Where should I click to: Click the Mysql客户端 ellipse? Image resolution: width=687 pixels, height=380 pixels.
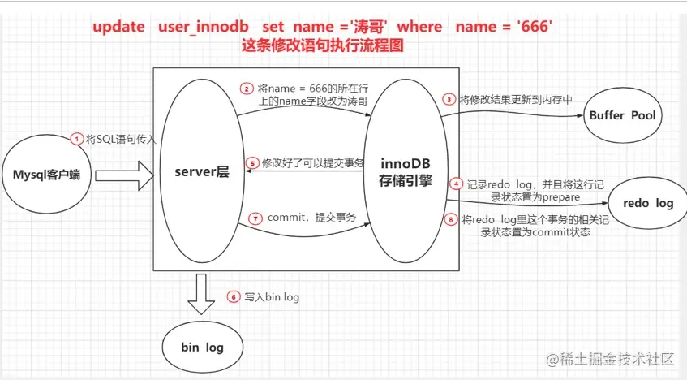[47, 174]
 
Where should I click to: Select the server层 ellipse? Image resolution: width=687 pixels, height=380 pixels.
[202, 171]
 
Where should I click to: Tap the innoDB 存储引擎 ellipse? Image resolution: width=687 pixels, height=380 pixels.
[406, 171]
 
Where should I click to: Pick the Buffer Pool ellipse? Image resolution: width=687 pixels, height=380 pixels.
[623, 115]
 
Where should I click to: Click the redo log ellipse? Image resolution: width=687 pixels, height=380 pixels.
[648, 203]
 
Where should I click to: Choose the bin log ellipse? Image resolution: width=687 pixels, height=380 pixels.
[203, 347]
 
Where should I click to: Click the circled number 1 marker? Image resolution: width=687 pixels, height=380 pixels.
[77, 139]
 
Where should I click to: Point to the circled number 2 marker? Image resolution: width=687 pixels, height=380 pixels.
[247, 89]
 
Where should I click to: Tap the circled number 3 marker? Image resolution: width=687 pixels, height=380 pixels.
[449, 100]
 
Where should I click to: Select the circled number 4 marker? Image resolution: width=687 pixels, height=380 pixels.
[457, 184]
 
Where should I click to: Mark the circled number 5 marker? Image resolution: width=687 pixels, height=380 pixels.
[252, 163]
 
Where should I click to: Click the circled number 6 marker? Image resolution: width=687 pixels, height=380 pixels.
[234, 297]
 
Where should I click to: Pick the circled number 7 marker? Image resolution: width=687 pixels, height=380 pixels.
[255, 218]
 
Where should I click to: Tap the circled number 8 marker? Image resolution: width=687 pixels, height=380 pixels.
[451, 219]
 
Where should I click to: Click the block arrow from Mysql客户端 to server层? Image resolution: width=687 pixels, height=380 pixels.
[124, 175]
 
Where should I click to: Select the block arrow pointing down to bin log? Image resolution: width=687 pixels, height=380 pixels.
[201, 294]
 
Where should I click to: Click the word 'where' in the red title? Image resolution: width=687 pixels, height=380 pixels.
[419, 26]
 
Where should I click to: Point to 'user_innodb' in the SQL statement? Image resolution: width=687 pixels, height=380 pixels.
[204, 28]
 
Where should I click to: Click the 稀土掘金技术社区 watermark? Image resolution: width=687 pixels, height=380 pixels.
[610, 360]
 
